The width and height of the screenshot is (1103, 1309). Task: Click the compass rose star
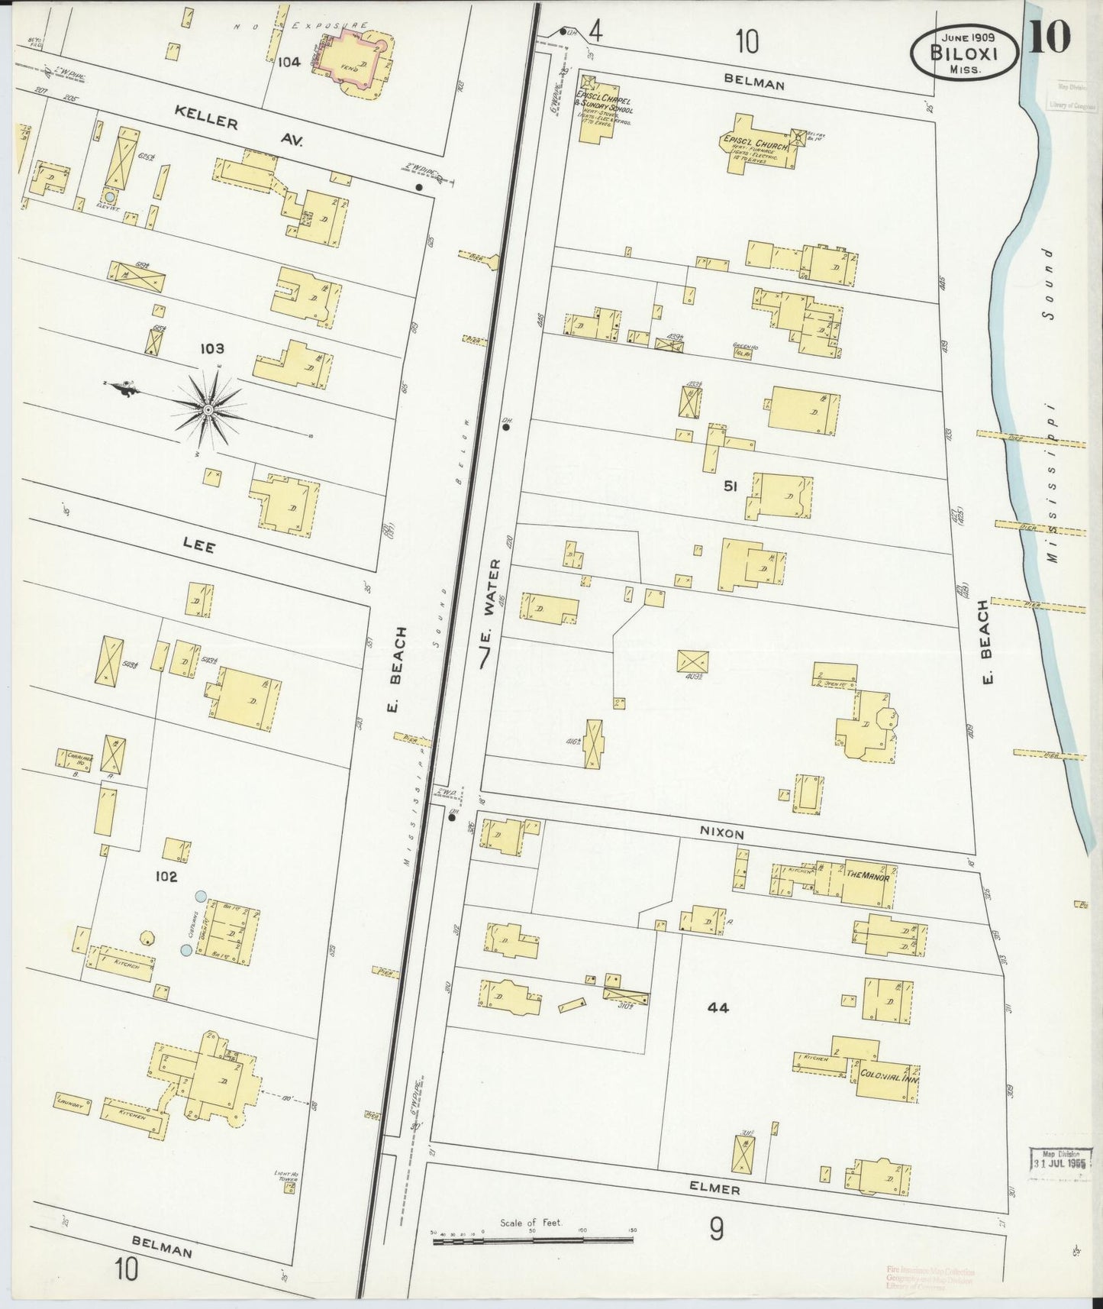(207, 411)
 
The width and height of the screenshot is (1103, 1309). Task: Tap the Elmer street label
(718, 1189)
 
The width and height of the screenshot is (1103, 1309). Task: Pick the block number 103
(211, 349)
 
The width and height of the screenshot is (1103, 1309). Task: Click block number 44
(718, 1008)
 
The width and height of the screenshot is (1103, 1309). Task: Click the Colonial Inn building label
(889, 1073)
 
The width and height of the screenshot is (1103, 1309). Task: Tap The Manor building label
(866, 871)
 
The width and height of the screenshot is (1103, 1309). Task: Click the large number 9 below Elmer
(716, 1229)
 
